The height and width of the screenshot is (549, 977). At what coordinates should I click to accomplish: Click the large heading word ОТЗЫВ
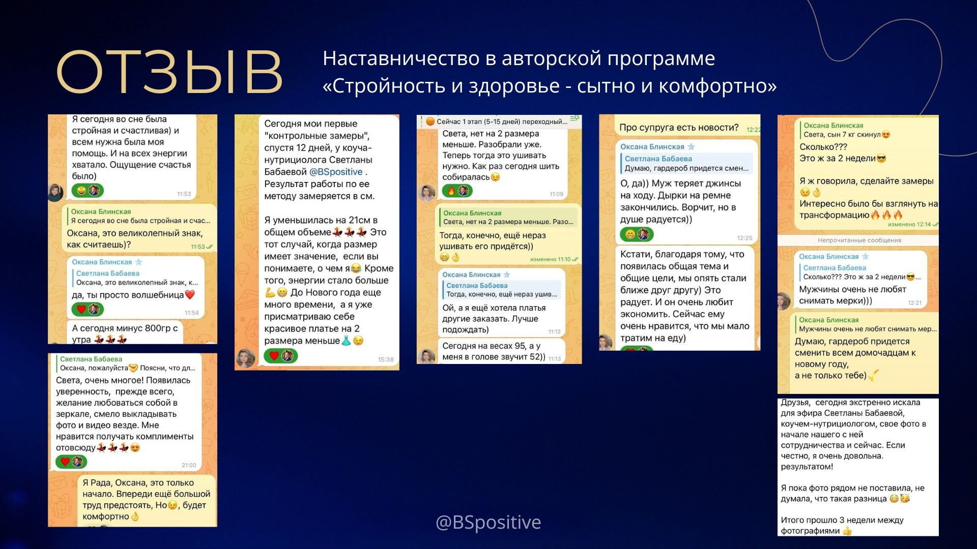point(169,72)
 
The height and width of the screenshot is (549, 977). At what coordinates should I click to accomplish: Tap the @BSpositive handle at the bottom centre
point(488,522)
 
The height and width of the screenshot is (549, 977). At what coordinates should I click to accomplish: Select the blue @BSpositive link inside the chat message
point(336,172)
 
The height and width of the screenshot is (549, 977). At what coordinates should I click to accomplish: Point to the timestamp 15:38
point(385,359)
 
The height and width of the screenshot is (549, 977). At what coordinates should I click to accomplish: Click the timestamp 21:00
point(189,465)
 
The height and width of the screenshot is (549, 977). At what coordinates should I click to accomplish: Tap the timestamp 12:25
point(744,238)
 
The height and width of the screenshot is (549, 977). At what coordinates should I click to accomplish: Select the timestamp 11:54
point(191,313)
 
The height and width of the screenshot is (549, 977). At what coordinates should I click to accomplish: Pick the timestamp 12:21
point(914,303)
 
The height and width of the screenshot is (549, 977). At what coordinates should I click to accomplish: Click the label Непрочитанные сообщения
point(859,240)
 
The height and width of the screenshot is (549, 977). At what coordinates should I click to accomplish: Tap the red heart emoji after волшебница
point(190,295)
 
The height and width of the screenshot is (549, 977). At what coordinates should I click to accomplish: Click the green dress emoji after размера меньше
point(346,341)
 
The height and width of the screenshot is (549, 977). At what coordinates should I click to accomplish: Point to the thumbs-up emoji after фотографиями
point(847,531)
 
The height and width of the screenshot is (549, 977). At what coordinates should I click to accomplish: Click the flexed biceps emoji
point(270,292)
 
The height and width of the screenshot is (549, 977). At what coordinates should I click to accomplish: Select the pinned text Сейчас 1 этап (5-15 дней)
point(501,121)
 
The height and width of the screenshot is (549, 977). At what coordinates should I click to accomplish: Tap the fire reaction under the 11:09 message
point(451,191)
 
